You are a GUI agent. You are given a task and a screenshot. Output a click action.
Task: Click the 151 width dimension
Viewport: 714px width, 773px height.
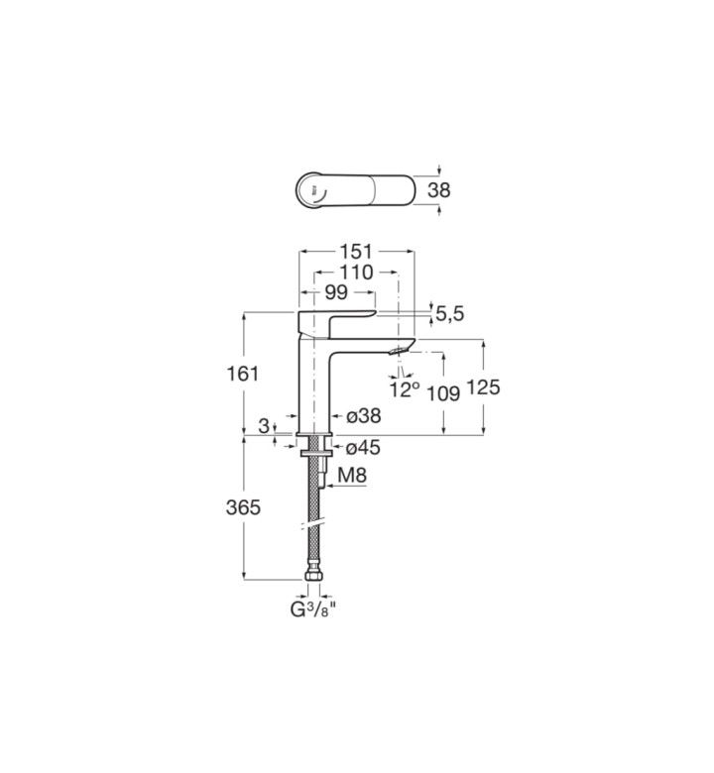356,252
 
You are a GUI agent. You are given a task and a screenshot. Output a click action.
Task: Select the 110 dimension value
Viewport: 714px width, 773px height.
356,273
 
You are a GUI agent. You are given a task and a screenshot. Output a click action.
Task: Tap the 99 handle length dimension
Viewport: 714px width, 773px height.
336,292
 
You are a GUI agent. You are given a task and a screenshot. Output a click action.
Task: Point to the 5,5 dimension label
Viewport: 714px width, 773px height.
450,313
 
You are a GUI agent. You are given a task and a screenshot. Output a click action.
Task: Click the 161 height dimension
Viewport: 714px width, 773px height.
243,374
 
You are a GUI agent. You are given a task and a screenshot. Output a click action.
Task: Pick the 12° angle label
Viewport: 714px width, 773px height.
405,389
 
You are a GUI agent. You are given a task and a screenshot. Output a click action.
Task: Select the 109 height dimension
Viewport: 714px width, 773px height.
443,392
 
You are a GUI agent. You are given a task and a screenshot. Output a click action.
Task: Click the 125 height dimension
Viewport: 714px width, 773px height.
484,386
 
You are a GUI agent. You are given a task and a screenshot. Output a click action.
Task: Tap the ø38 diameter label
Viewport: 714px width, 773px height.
364,416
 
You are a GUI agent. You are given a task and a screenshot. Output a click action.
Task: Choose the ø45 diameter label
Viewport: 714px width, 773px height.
364,448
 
